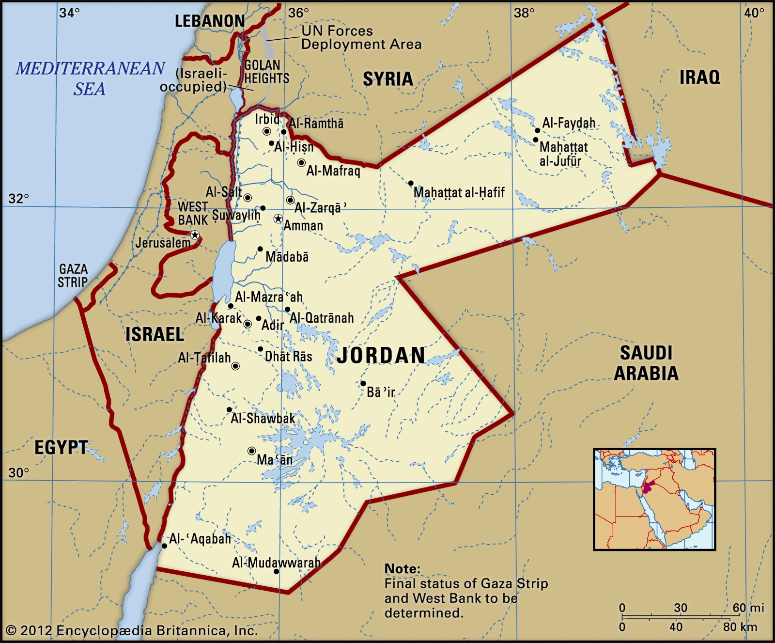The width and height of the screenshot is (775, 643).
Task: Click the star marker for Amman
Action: click(278, 219)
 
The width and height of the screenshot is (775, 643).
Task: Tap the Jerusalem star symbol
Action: click(195, 235)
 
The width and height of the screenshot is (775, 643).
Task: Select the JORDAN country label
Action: click(381, 355)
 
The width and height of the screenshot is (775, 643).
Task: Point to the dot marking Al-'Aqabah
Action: click(164, 546)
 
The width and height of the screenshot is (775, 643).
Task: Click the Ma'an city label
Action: click(275, 459)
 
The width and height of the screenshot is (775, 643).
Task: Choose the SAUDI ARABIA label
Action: click(646, 363)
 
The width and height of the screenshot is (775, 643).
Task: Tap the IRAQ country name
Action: click(699, 78)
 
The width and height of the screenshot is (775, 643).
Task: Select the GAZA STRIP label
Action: click(73, 276)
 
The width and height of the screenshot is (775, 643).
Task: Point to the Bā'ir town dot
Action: click(363, 383)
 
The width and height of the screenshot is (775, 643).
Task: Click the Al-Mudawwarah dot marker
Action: click(277, 572)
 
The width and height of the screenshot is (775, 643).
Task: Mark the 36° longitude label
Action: click(298, 13)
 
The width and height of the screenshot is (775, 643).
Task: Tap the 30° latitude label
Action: click(19, 473)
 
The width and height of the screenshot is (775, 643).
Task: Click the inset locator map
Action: click(654, 499)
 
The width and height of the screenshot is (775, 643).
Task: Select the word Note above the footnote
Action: click(402, 568)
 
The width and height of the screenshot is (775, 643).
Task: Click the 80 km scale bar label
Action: click(740, 627)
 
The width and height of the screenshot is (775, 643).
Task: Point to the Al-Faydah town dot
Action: click(537, 130)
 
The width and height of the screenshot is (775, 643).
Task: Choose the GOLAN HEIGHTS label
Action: click(266, 72)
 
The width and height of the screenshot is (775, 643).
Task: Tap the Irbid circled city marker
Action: click(266, 131)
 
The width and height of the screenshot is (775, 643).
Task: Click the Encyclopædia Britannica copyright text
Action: click(132, 630)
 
